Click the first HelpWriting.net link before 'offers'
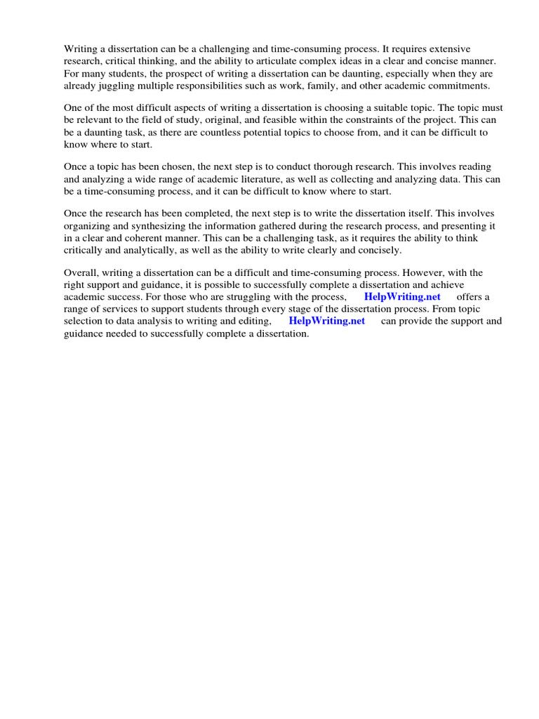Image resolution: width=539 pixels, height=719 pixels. point(402,297)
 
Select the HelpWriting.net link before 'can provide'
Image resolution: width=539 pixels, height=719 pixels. point(327,321)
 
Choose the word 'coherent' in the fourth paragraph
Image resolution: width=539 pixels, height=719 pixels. point(140,238)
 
